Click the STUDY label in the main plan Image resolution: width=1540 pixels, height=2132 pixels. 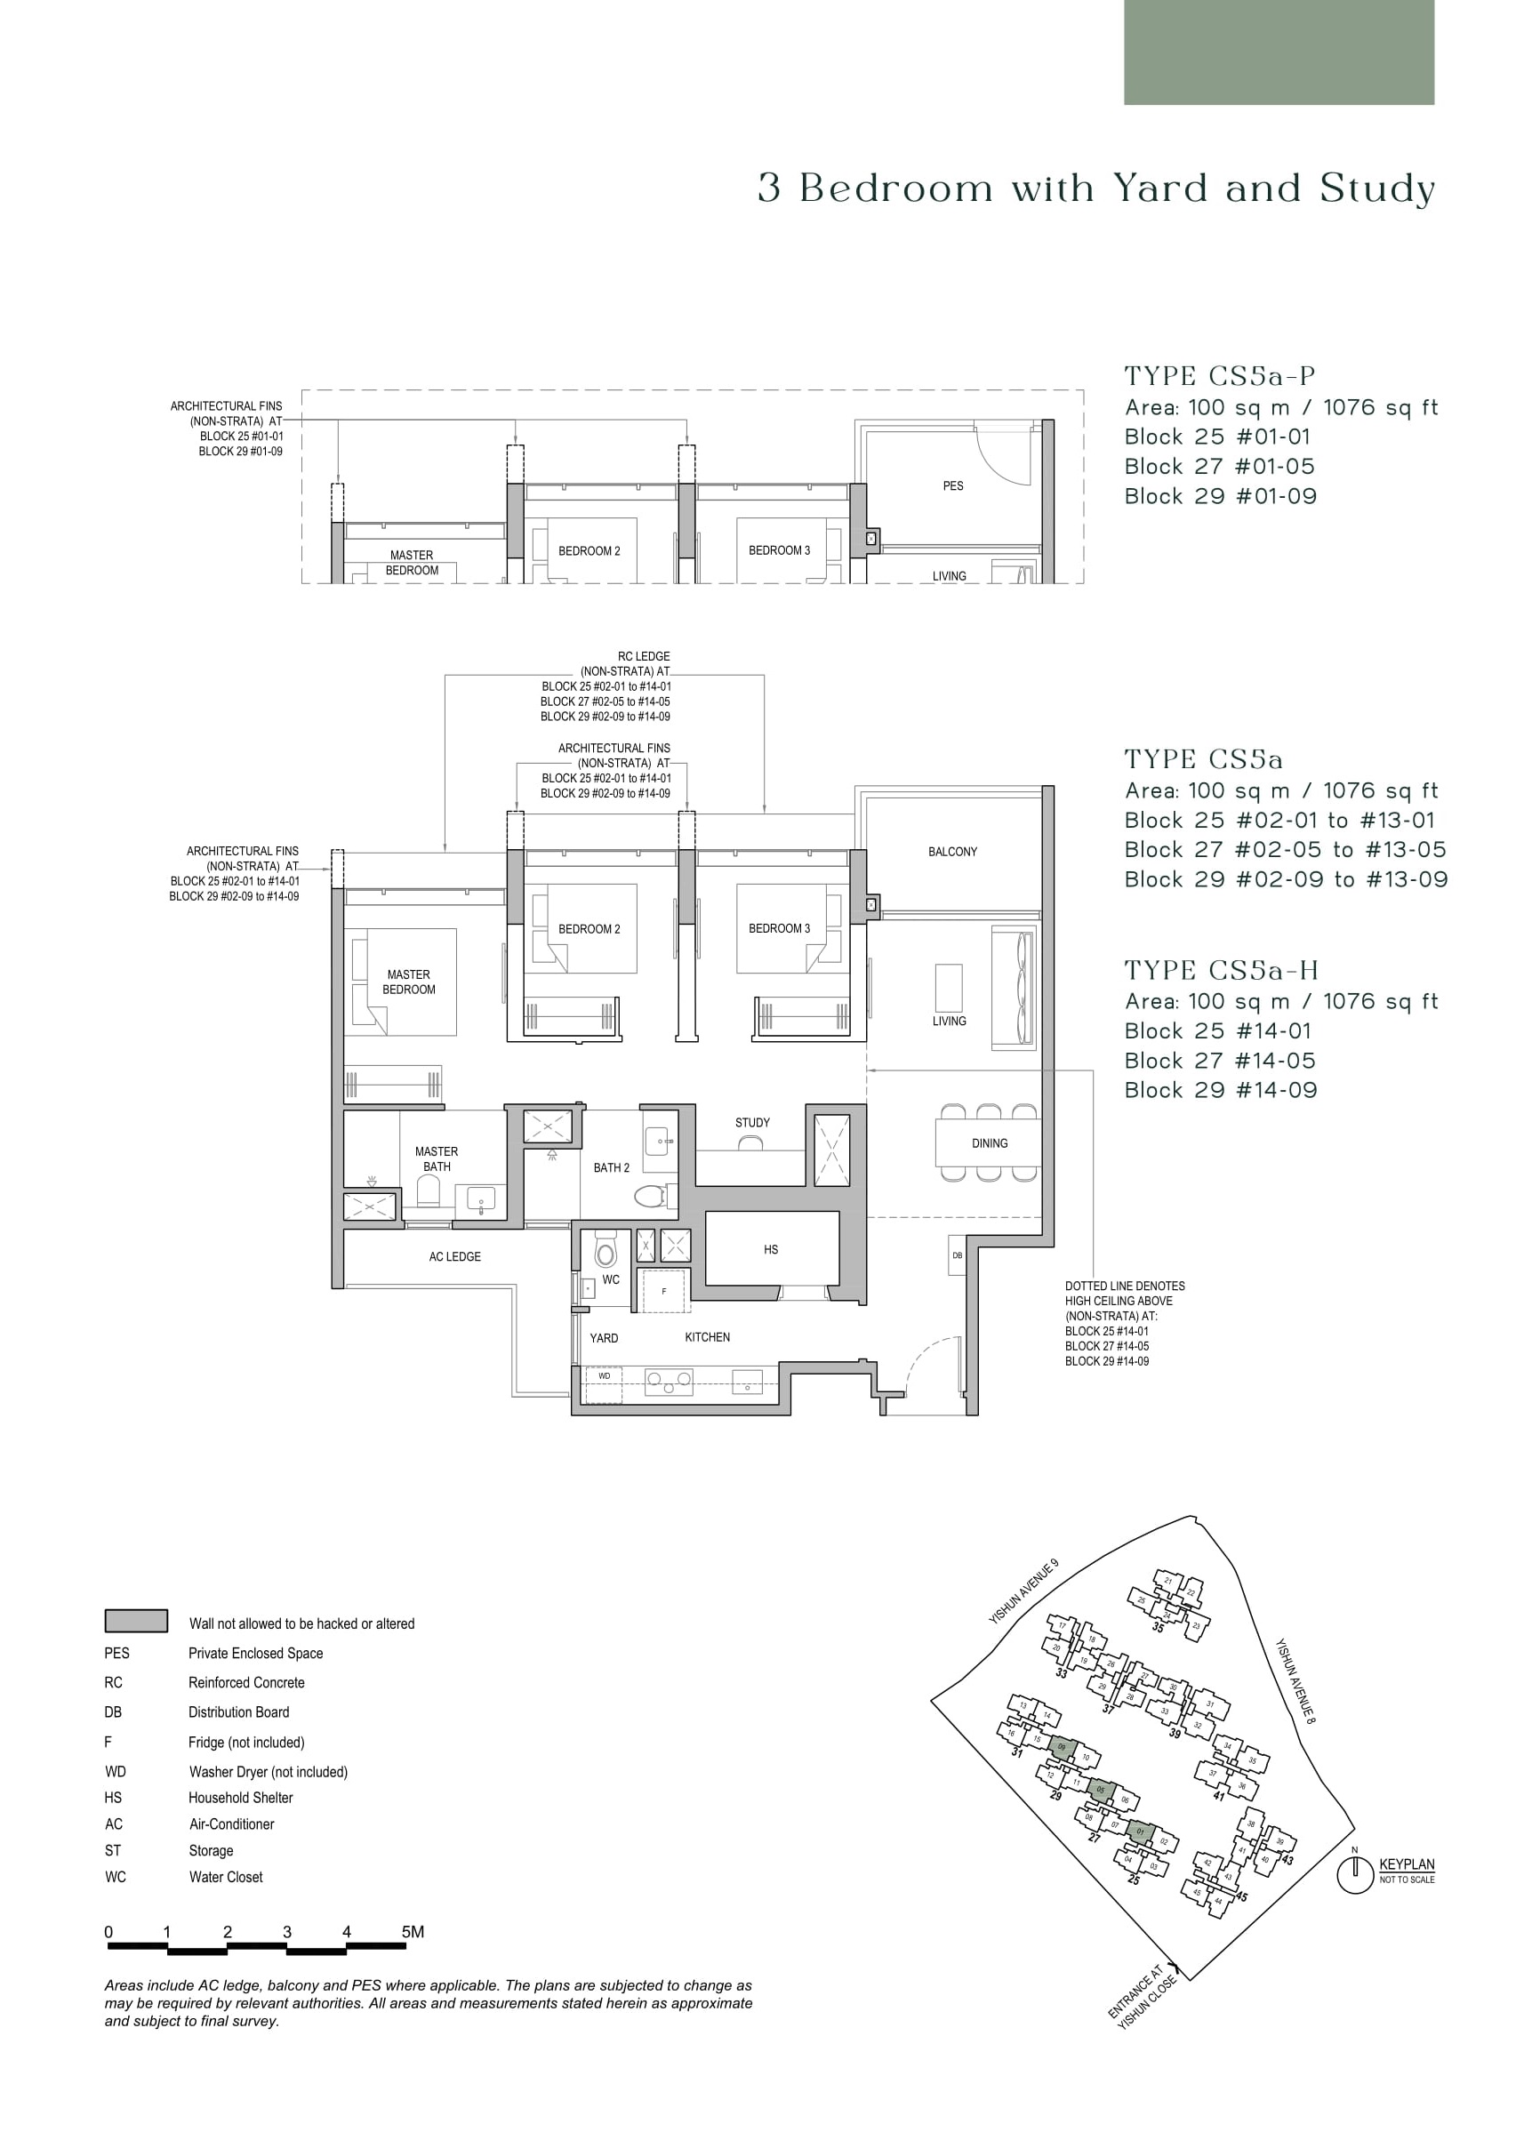click(752, 1122)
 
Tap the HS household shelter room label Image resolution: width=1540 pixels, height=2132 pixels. click(771, 1249)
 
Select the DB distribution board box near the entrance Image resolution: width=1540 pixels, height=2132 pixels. click(957, 1255)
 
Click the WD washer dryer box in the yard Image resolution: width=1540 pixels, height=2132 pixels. click(605, 1375)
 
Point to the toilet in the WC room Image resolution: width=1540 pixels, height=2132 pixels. click(606, 1252)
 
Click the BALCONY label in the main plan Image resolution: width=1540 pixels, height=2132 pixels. click(952, 852)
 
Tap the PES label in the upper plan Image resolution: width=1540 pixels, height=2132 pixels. click(952, 486)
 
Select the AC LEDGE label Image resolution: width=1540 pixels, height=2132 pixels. click(455, 1257)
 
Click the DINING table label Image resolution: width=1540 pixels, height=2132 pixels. click(989, 1143)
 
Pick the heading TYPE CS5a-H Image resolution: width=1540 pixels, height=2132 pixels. click(1222, 970)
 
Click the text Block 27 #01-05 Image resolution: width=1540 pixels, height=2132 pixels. click(1219, 466)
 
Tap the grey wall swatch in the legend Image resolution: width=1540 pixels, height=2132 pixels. click(136, 1621)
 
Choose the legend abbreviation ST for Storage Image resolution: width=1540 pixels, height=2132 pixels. click(113, 1850)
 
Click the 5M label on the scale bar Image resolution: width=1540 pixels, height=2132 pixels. click(413, 1932)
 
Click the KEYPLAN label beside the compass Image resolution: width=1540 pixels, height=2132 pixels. click(1407, 1865)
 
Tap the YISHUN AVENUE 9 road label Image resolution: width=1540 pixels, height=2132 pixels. click(1023, 1591)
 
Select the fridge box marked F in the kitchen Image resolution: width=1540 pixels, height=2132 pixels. click(665, 1292)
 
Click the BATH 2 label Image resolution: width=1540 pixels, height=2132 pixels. click(611, 1167)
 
